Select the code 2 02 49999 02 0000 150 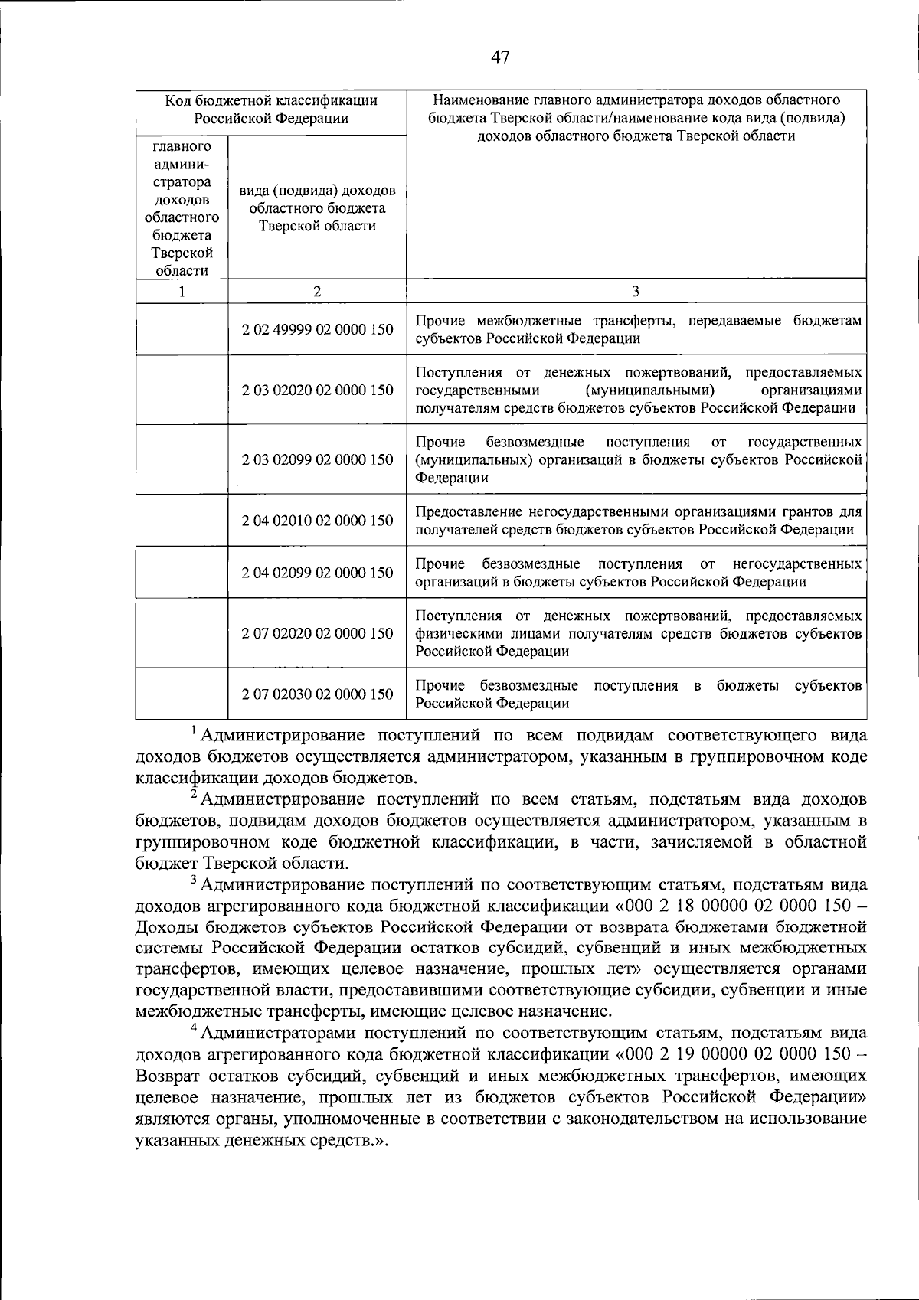click(317, 329)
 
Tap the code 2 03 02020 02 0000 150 click(317, 390)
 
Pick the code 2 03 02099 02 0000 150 click(317, 459)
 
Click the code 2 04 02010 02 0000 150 click(317, 521)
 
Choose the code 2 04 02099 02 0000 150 click(317, 573)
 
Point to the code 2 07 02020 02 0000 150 click(317, 633)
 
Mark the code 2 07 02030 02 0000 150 click(317, 694)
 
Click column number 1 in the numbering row click(182, 291)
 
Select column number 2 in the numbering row click(317, 291)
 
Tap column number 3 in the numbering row click(636, 291)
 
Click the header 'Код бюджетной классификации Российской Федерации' click(271, 109)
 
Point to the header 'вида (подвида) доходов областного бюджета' click(317, 207)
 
